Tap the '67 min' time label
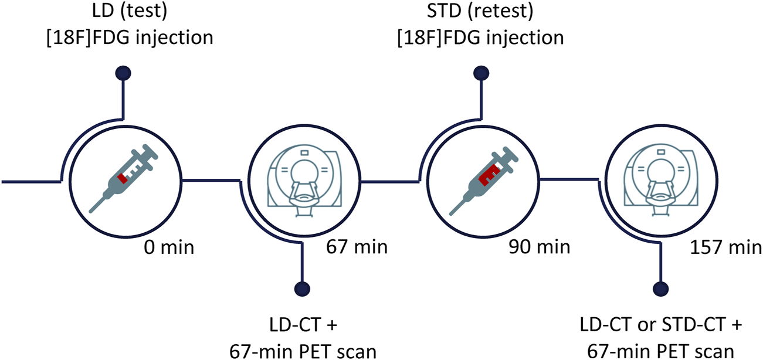point(357,247)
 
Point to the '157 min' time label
point(724,247)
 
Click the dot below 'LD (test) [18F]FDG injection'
point(123,73)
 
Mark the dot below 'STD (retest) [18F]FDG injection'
point(480,73)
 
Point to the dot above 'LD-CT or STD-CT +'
point(660,288)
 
